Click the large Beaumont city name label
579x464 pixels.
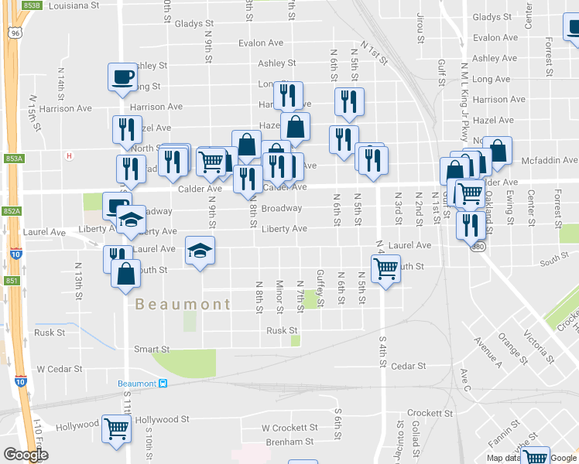click(x=183, y=304)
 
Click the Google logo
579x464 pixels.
click(x=26, y=455)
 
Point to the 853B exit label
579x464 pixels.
click(x=31, y=5)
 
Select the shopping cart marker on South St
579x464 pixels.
click(x=385, y=268)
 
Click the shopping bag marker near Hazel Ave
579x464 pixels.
click(x=295, y=125)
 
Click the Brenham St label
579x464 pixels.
click(x=287, y=442)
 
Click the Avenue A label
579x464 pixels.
click(x=488, y=353)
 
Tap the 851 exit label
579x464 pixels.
click(x=11, y=281)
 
